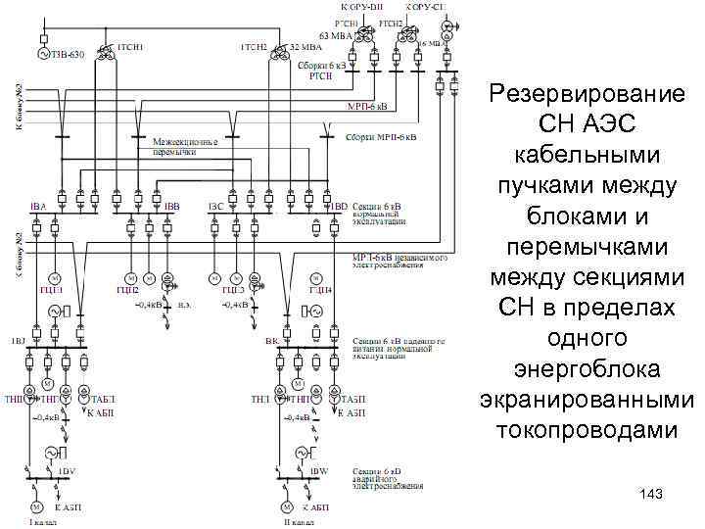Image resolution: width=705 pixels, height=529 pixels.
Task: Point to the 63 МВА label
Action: point(336,36)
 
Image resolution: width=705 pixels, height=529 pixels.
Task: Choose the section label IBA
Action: point(38,207)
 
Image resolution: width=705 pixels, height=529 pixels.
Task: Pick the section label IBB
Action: point(172,207)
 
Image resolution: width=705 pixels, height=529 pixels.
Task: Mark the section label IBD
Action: point(339,207)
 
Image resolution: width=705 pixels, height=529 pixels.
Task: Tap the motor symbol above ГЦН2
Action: point(129,274)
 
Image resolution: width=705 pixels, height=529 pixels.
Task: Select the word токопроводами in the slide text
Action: point(587,430)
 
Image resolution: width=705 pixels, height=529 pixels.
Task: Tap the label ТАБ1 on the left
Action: point(102,400)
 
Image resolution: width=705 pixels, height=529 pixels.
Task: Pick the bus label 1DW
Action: point(318,470)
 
